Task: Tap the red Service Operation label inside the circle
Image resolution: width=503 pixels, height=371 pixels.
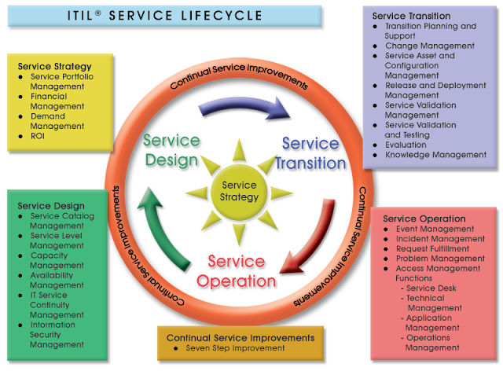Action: pyautogui.click(x=241, y=270)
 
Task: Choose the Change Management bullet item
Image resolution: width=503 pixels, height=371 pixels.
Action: pyautogui.click(x=428, y=46)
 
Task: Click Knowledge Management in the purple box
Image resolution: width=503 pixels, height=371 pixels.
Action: pyautogui.click(x=435, y=155)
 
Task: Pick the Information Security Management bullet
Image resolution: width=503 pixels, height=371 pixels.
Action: pyautogui.click(x=57, y=334)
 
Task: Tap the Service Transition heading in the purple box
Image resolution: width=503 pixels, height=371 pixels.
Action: pyautogui.click(x=410, y=16)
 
